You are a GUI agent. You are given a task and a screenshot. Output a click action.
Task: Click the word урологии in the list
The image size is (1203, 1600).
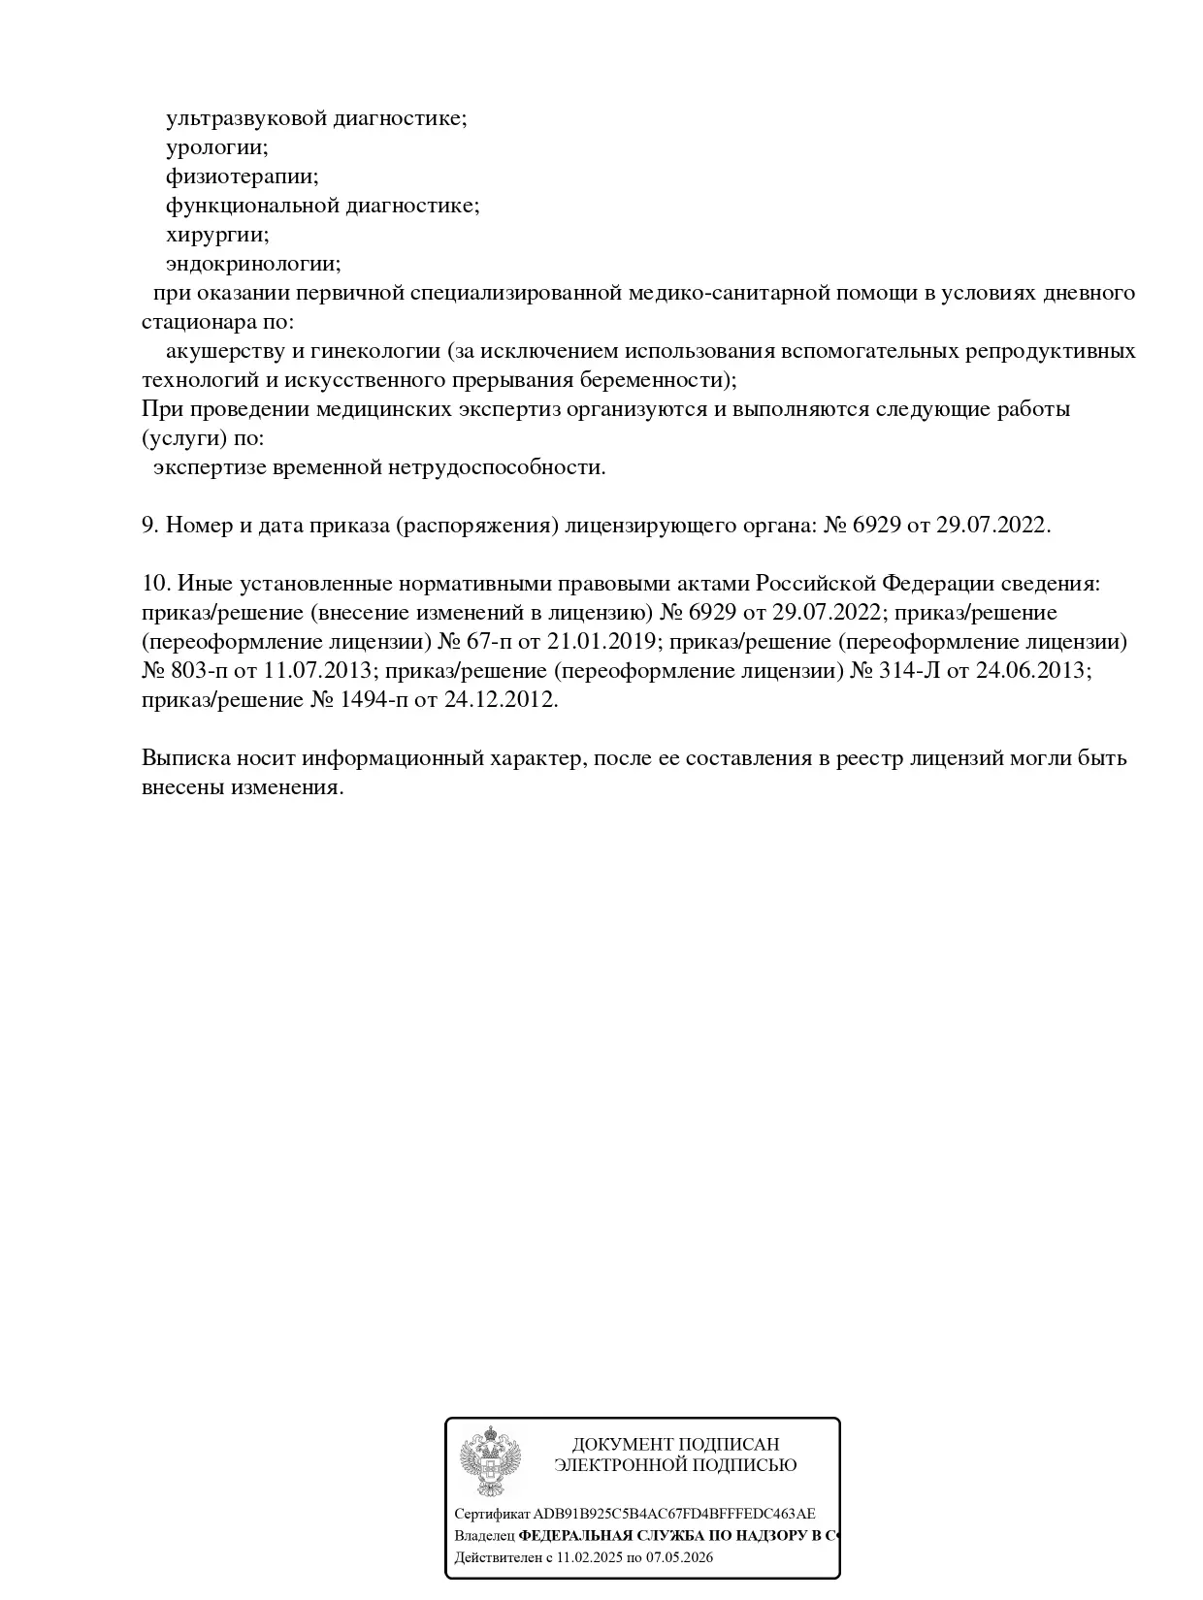tap(215, 148)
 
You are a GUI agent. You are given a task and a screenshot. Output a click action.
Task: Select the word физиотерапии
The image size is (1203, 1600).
tap(242, 176)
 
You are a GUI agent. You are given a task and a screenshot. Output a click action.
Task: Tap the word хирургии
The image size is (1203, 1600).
tap(216, 235)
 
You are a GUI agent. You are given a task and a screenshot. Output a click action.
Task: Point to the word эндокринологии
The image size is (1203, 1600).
tap(252, 264)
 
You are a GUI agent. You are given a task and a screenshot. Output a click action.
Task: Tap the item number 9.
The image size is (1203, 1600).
tap(149, 526)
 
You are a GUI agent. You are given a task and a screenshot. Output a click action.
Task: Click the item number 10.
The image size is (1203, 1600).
tap(155, 584)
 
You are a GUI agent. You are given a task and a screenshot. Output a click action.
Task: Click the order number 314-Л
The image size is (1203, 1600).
tap(909, 671)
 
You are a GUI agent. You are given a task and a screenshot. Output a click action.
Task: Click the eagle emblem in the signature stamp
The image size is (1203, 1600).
tap(490, 1461)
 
